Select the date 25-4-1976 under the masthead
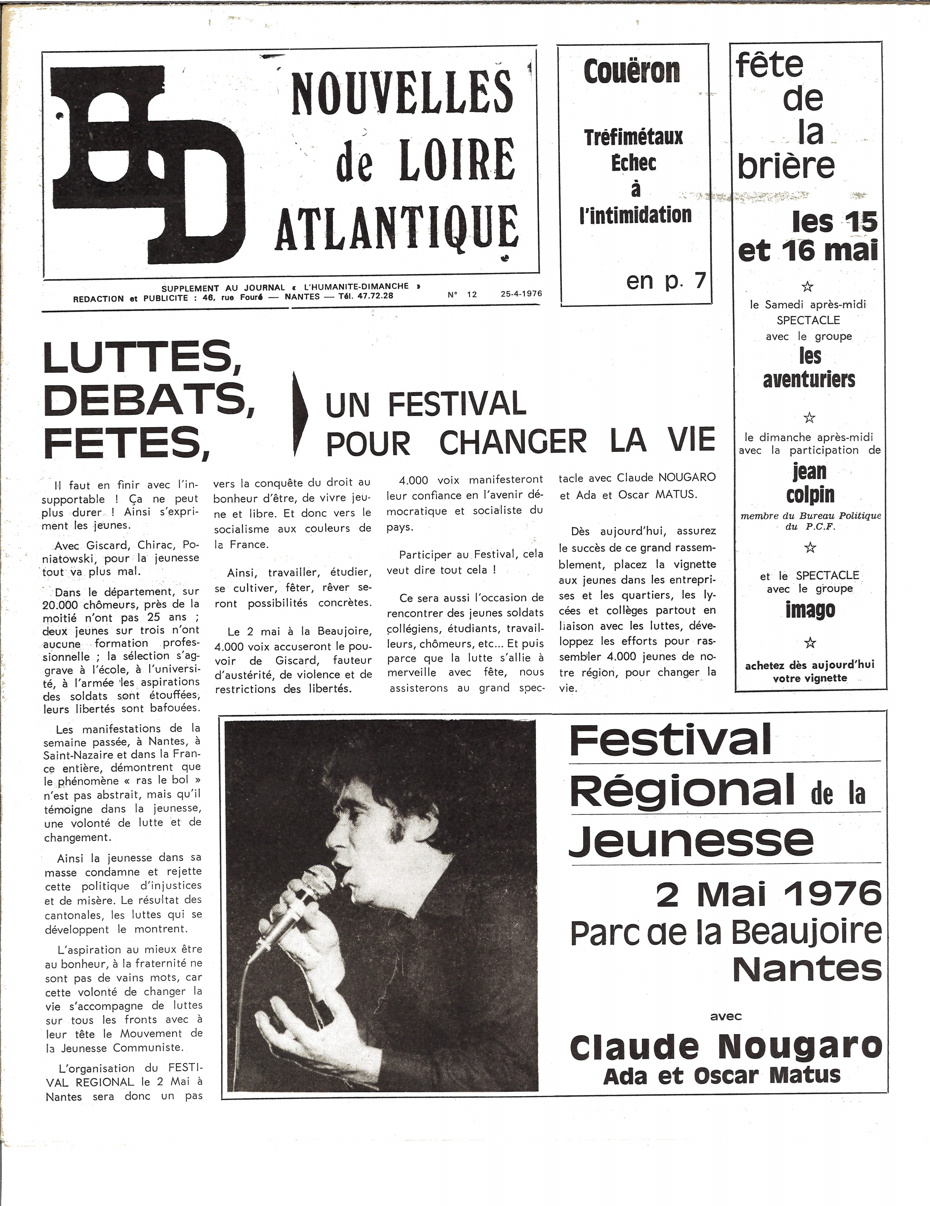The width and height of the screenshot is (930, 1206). click(x=521, y=294)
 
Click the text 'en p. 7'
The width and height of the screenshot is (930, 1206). click(x=666, y=281)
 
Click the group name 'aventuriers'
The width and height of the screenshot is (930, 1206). click(x=809, y=380)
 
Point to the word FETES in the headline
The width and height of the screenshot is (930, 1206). click(x=127, y=444)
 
